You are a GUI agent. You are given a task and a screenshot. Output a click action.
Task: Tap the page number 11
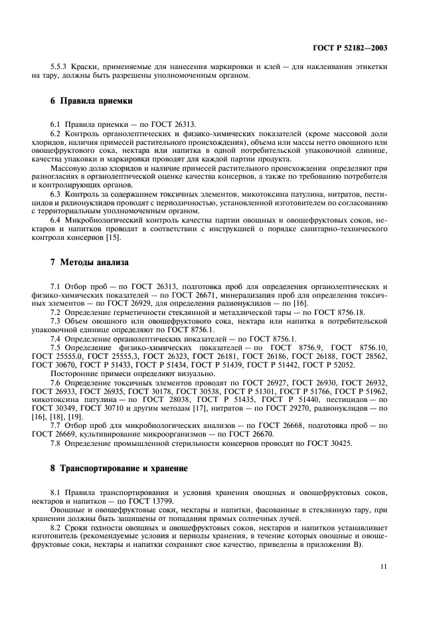coord(384,566)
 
